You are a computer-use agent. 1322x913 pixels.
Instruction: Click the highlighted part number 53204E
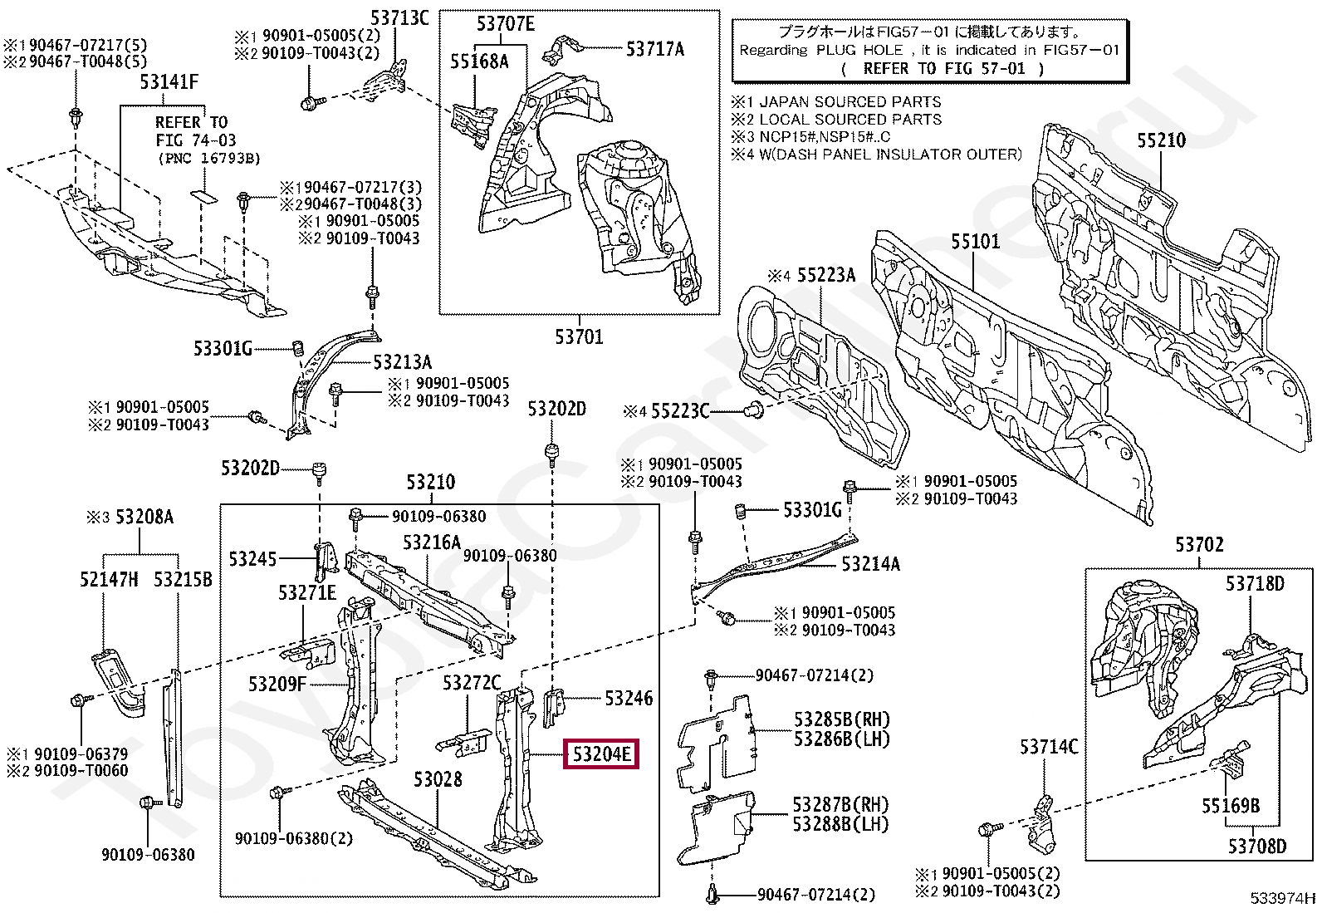[x=600, y=754]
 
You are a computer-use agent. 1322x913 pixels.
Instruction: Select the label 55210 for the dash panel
[x=1161, y=140]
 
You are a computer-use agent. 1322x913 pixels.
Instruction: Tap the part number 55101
[x=975, y=242]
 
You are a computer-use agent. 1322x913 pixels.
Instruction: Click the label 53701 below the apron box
[x=579, y=336]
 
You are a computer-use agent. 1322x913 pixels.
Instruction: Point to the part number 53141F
[x=169, y=81]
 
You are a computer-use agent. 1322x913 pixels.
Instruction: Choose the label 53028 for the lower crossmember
[x=438, y=779]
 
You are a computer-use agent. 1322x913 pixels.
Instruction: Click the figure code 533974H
[x=1284, y=897]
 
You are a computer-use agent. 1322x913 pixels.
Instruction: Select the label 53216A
[x=431, y=542]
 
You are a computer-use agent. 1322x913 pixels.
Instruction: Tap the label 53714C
[x=1048, y=747]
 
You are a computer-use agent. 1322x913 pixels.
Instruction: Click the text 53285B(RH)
[x=840, y=719]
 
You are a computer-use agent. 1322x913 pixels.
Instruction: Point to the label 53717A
[x=654, y=49]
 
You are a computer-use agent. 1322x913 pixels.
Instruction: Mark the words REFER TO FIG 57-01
[x=943, y=69]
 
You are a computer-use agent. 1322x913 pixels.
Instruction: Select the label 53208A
[x=144, y=518]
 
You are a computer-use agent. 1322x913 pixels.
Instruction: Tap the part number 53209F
[x=277, y=684]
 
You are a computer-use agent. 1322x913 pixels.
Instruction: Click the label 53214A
[x=869, y=564]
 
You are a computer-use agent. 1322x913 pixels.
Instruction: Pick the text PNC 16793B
[x=209, y=158]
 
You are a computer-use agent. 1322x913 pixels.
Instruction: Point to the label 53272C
[x=471, y=683]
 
